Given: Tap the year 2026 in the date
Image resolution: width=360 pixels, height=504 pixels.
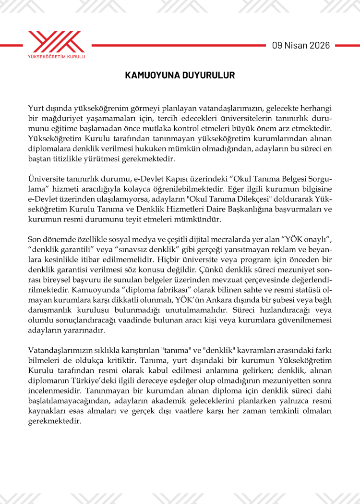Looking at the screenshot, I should coord(320,46).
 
